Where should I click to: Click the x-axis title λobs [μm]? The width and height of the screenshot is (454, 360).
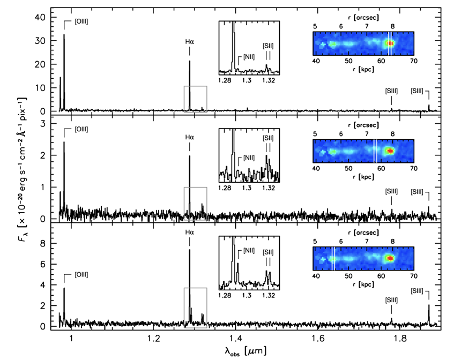(x=244, y=350)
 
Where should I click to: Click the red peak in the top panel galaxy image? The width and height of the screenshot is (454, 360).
(x=390, y=43)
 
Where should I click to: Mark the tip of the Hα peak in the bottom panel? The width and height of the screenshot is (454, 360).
(x=190, y=250)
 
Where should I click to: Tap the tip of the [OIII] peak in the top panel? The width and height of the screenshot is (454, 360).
(x=64, y=35)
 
